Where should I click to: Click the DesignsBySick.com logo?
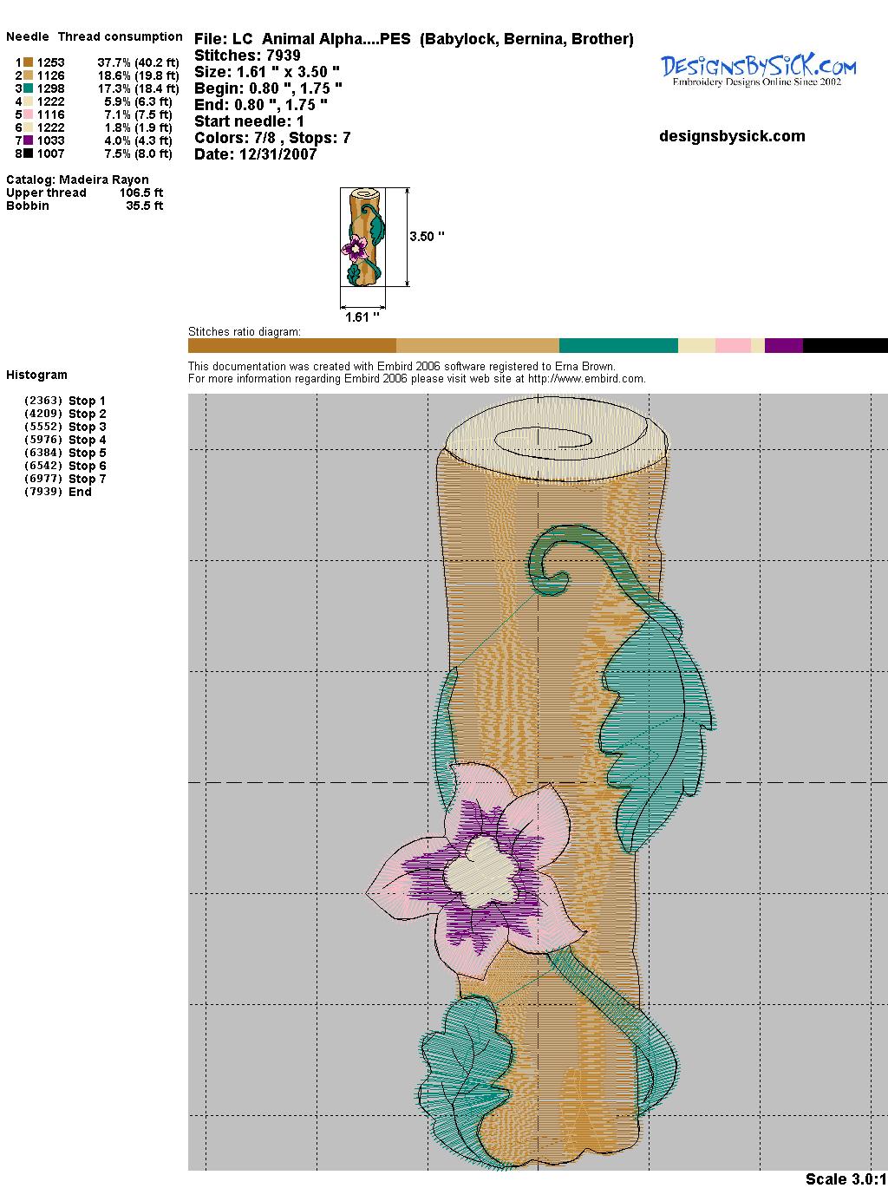[758, 70]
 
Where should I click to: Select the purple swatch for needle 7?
[29, 140]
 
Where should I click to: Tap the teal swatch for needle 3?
[29, 88]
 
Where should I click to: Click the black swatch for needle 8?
[29, 153]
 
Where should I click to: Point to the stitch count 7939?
[283, 55]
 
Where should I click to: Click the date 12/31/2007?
[277, 154]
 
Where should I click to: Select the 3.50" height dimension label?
[427, 237]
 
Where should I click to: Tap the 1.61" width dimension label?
[362, 317]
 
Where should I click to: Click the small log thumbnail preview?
[363, 237]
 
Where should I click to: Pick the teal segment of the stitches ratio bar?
[618, 346]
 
